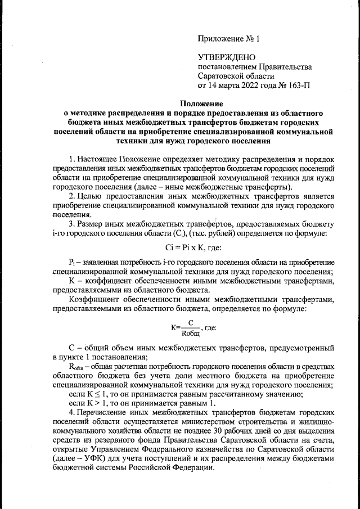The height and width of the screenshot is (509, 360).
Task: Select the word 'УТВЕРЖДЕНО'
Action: click(227, 57)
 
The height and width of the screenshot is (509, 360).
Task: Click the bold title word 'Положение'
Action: click(202, 103)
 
